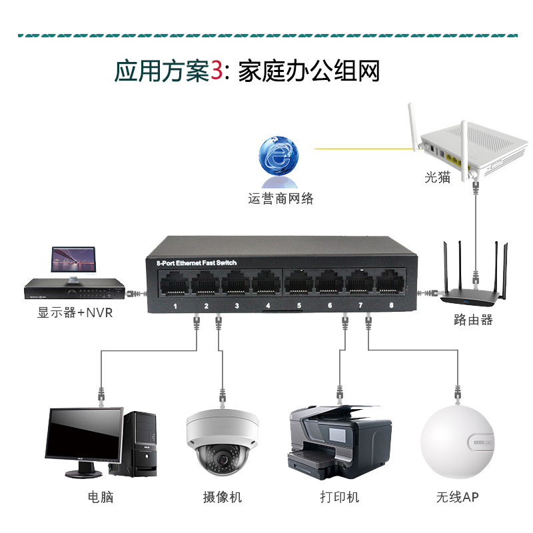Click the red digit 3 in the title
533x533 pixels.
(217, 71)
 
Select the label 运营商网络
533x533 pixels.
(280, 198)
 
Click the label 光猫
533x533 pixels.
(438, 177)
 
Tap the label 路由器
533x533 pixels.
(473, 320)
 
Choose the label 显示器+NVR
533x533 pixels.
(75, 312)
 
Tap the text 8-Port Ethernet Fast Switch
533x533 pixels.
(196, 263)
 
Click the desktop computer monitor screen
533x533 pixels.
(84, 437)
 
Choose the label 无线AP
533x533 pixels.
(458, 497)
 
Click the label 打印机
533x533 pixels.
(340, 497)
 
